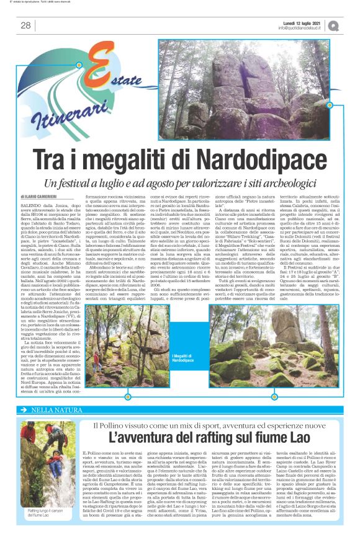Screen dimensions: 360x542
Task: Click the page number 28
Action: coord(25,25)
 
